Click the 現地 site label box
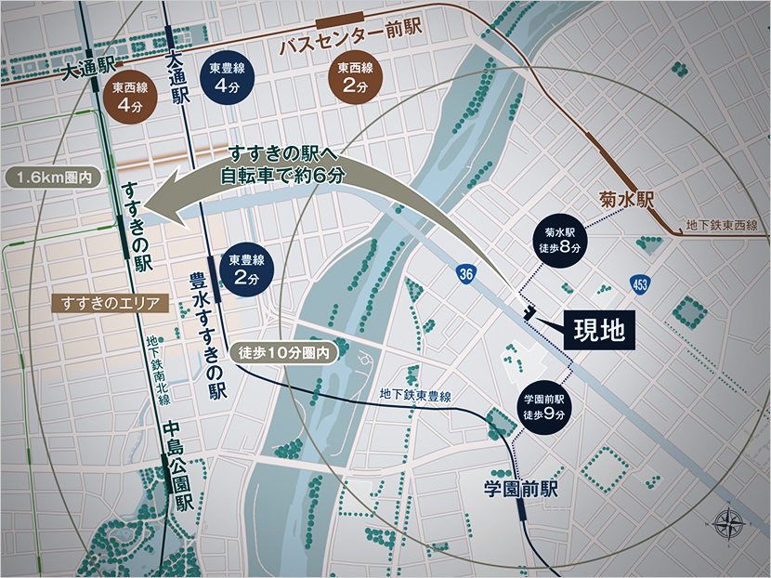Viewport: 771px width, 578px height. pyautogui.click(x=598, y=328)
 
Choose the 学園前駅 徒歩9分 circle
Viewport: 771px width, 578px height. pyautogui.click(x=544, y=407)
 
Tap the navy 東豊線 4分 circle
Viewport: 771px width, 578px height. pyautogui.click(x=227, y=78)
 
